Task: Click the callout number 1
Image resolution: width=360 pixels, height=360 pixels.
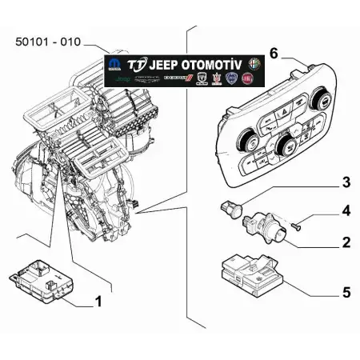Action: tap(98, 302)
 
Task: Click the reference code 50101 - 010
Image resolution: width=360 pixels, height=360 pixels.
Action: tap(47, 41)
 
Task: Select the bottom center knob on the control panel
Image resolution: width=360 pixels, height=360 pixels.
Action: tap(285, 146)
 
